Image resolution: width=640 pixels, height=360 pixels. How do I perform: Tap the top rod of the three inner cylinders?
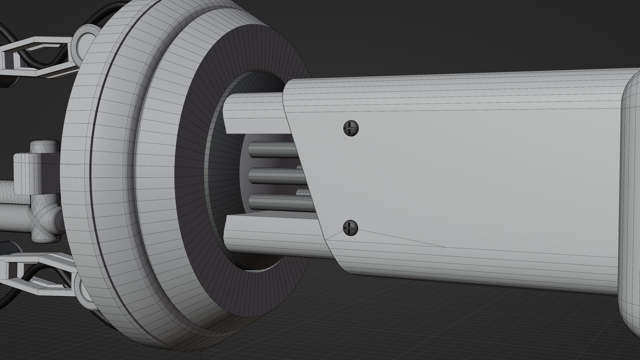coord(272,150)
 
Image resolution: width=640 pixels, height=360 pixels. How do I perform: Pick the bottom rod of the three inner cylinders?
coord(278,201)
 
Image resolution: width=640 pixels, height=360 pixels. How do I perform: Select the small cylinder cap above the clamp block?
coord(43,147)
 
